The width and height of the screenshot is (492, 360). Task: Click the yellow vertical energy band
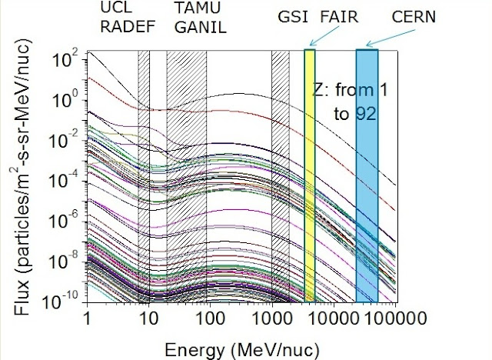[310, 177]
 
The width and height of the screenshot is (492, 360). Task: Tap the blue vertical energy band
[367, 177]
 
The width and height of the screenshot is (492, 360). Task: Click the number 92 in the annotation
[365, 115]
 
